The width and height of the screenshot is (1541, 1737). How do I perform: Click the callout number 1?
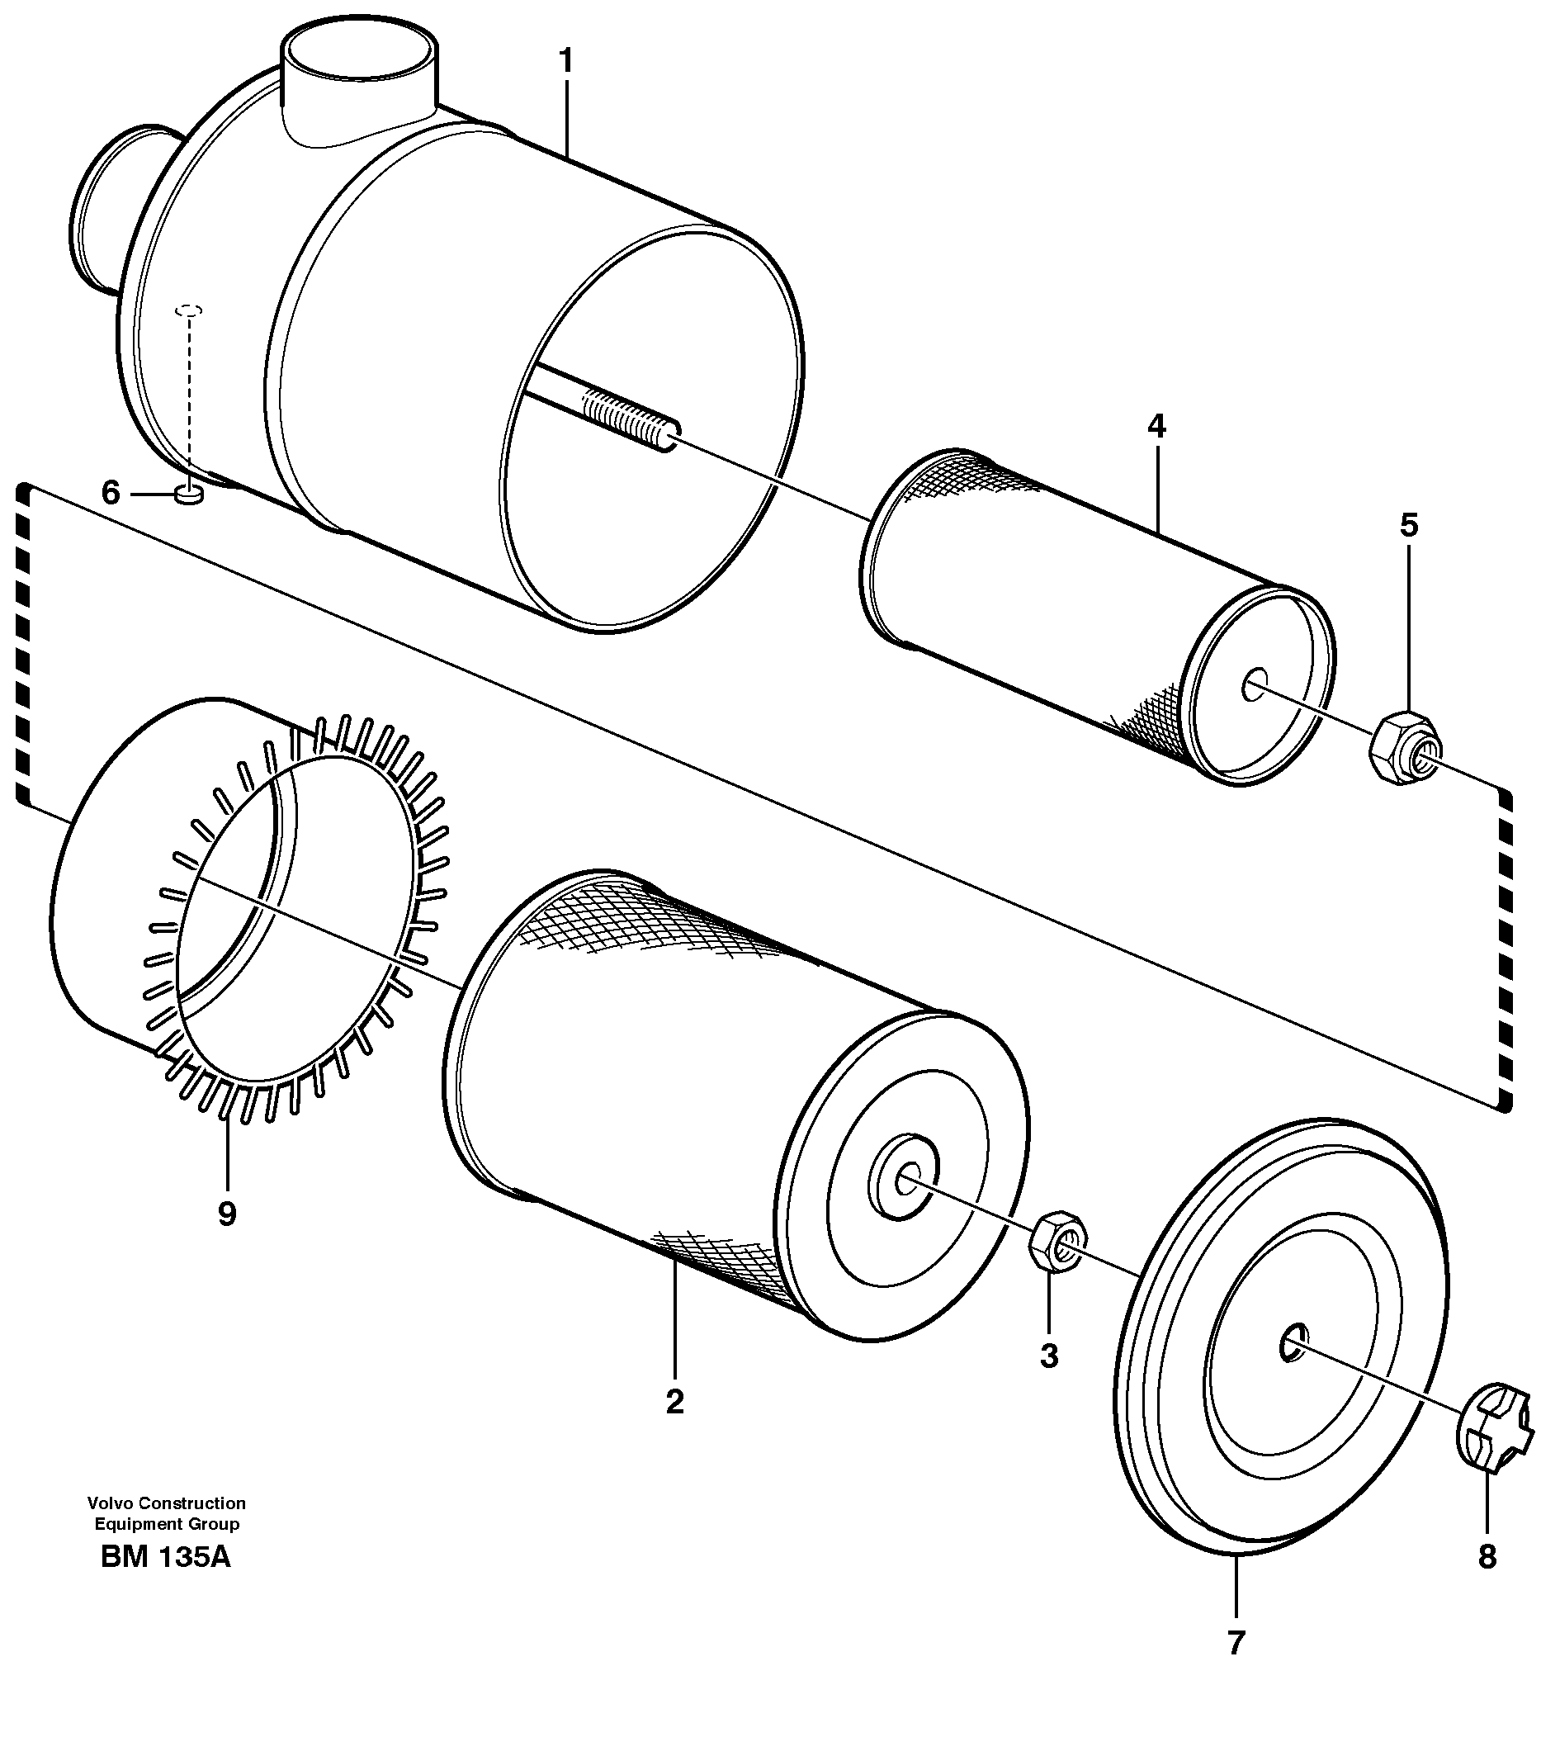(x=565, y=62)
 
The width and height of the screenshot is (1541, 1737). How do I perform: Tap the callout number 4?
(x=1156, y=427)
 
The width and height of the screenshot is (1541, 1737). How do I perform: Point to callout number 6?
(x=111, y=493)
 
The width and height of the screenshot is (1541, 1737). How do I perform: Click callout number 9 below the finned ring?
(x=227, y=1214)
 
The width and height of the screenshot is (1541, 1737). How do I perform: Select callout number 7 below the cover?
(x=1236, y=1644)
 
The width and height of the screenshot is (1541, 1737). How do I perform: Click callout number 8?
(x=1487, y=1557)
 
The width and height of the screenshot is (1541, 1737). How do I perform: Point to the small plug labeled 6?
(x=188, y=495)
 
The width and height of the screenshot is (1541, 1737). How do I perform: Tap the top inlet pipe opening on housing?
(x=360, y=54)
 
